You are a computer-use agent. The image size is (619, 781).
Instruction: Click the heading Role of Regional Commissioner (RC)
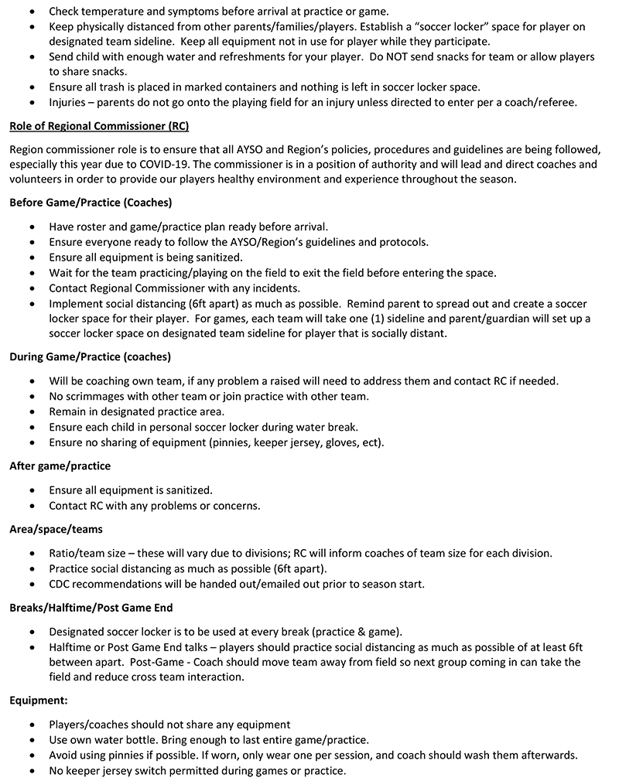pyautogui.click(x=99, y=126)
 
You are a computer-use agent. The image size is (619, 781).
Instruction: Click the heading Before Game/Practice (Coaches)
pyautogui.click(x=91, y=203)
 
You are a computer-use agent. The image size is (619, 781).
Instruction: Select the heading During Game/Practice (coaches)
pyautogui.click(x=90, y=356)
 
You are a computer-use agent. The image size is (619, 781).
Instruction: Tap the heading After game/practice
pyautogui.click(x=60, y=466)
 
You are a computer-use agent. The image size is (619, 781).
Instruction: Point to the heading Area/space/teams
pyautogui.click(x=56, y=530)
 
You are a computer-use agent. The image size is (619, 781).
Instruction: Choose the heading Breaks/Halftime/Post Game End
pyautogui.click(x=91, y=608)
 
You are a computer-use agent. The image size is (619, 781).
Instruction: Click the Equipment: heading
pyautogui.click(x=39, y=701)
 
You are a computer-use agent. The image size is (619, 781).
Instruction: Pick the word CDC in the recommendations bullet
pyautogui.click(x=61, y=584)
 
